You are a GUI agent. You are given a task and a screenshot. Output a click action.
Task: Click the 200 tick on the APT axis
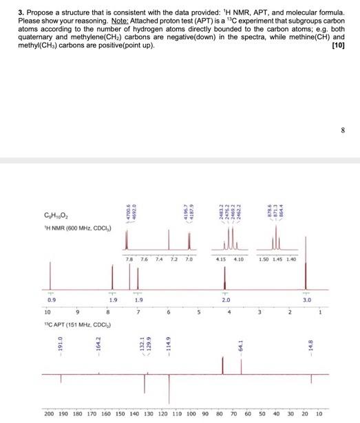pyautogui.click(x=49, y=415)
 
